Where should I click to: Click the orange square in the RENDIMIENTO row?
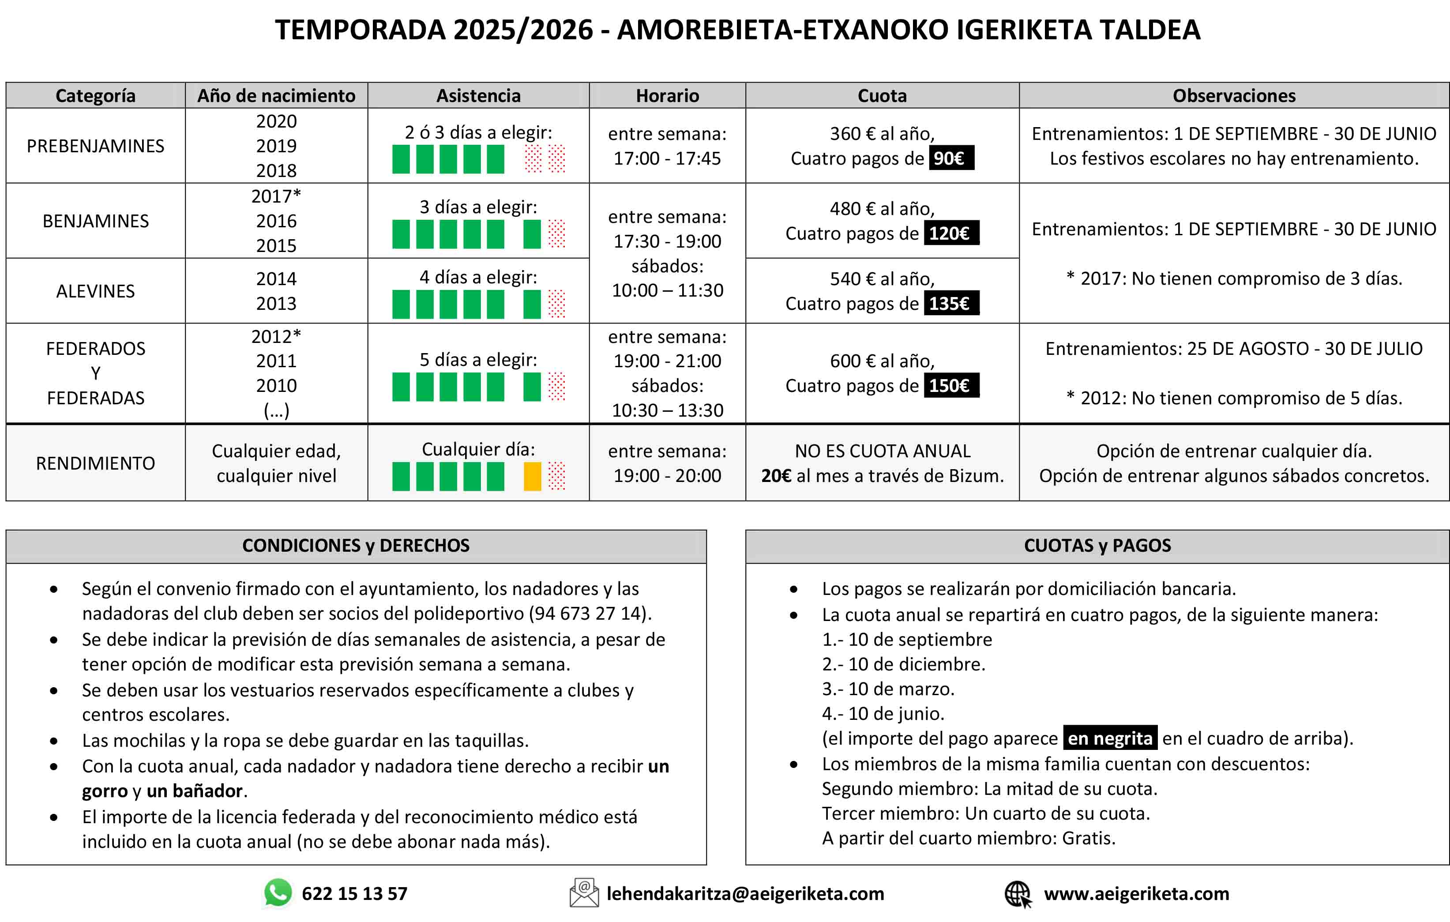(x=532, y=476)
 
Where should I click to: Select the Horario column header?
(x=667, y=96)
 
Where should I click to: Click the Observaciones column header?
(x=1234, y=96)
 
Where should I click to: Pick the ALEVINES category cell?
(x=95, y=291)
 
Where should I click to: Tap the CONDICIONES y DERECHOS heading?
(x=356, y=546)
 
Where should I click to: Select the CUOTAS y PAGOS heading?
(x=1097, y=546)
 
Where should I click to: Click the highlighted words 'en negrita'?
(x=1110, y=738)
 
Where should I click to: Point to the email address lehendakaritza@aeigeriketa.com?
(x=745, y=894)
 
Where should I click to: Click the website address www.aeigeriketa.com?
(x=1136, y=894)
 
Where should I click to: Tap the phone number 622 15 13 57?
(x=355, y=894)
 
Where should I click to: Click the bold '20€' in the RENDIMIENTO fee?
(x=776, y=476)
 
